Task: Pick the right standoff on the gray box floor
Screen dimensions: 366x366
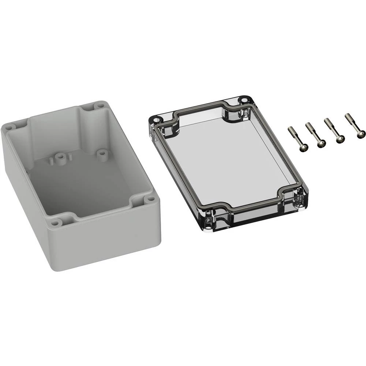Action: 101,151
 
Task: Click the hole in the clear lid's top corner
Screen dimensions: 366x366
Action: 243,99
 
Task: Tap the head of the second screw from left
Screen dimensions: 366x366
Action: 321,144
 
